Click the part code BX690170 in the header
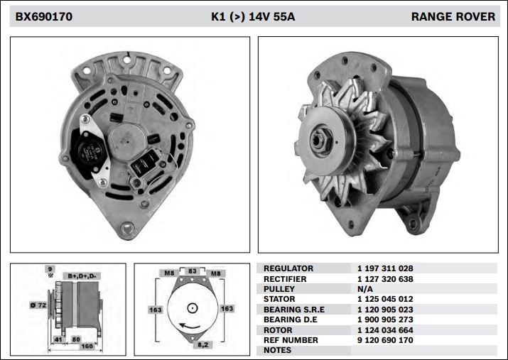tap(44, 16)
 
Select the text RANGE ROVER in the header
tap(453, 16)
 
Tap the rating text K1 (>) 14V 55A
tap(253, 16)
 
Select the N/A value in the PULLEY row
tap(365, 289)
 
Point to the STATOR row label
tap(279, 299)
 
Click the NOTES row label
tap(278, 350)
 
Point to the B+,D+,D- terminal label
tap(83, 275)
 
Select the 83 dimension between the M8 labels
tap(191, 271)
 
